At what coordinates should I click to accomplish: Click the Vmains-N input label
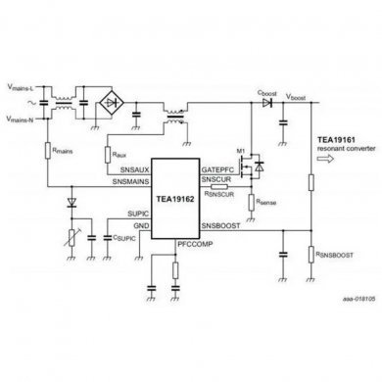pyautogui.click(x=22, y=119)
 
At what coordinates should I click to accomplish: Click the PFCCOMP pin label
pyautogui.click(x=193, y=241)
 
